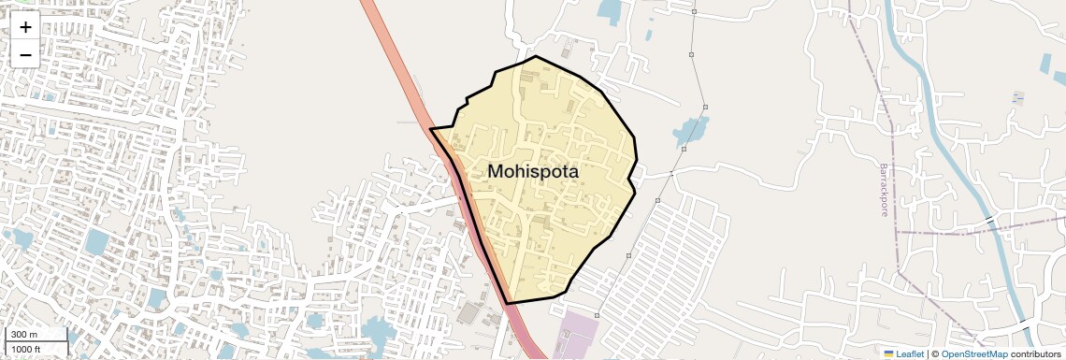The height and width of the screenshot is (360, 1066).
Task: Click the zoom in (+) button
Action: pyautogui.click(x=25, y=27)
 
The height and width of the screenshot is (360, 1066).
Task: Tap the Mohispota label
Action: pyautogui.click(x=533, y=172)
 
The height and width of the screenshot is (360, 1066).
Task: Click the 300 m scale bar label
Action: pyautogui.click(x=24, y=335)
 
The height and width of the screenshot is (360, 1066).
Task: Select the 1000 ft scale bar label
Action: pyautogui.click(x=26, y=350)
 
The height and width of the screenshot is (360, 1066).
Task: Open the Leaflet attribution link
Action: pyautogui.click(x=909, y=354)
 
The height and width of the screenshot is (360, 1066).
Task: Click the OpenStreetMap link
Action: pyautogui.click(x=973, y=354)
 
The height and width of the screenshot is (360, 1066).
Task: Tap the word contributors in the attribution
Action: pyautogui.click(x=1035, y=354)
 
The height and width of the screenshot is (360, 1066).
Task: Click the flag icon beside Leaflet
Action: pyautogui.click(x=888, y=354)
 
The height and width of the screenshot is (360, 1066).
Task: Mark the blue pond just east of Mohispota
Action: pyautogui.click(x=691, y=132)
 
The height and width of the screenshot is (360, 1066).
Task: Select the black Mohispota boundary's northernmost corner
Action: pyautogui.click(x=536, y=56)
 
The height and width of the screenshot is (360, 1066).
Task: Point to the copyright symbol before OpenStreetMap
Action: pyautogui.click(x=935, y=354)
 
